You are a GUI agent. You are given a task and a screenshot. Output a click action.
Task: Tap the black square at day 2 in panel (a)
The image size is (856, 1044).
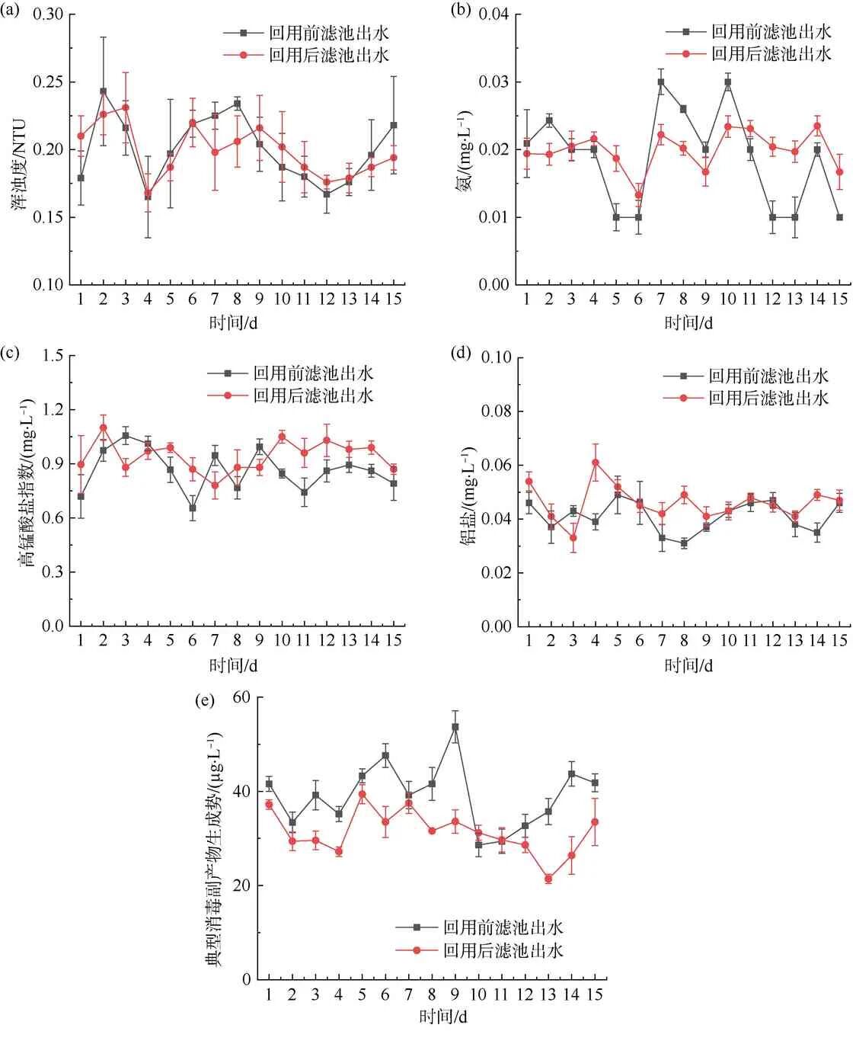(104, 91)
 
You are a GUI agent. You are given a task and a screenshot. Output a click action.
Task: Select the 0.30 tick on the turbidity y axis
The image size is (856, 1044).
(50, 15)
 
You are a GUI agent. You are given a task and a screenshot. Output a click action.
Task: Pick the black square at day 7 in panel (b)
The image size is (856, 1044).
(661, 82)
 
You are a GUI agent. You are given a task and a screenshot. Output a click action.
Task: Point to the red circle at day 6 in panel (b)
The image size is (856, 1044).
(638, 195)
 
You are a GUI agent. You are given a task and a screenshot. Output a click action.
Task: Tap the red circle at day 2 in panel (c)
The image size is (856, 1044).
(104, 428)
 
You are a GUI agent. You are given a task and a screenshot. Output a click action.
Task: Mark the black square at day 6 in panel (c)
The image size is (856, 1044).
(193, 508)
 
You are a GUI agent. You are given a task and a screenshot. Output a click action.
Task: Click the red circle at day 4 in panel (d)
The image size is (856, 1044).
(595, 462)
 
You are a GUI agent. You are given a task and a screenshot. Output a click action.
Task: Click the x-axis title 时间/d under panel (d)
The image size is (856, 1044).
(683, 666)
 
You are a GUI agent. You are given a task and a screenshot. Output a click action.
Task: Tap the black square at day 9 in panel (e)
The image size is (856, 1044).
(455, 727)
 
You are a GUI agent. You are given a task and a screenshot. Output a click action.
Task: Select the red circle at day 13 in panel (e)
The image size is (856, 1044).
(548, 879)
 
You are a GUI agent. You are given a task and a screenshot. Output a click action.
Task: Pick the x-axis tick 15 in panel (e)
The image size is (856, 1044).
(595, 995)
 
